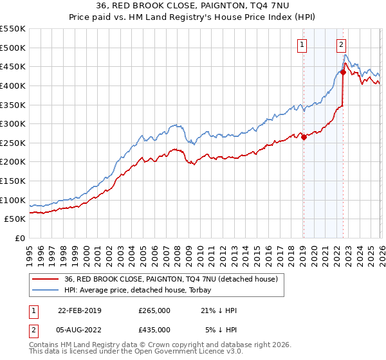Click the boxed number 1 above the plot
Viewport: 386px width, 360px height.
click(302, 44)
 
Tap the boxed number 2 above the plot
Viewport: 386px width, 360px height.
click(341, 44)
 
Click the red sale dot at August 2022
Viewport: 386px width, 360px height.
click(343, 72)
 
